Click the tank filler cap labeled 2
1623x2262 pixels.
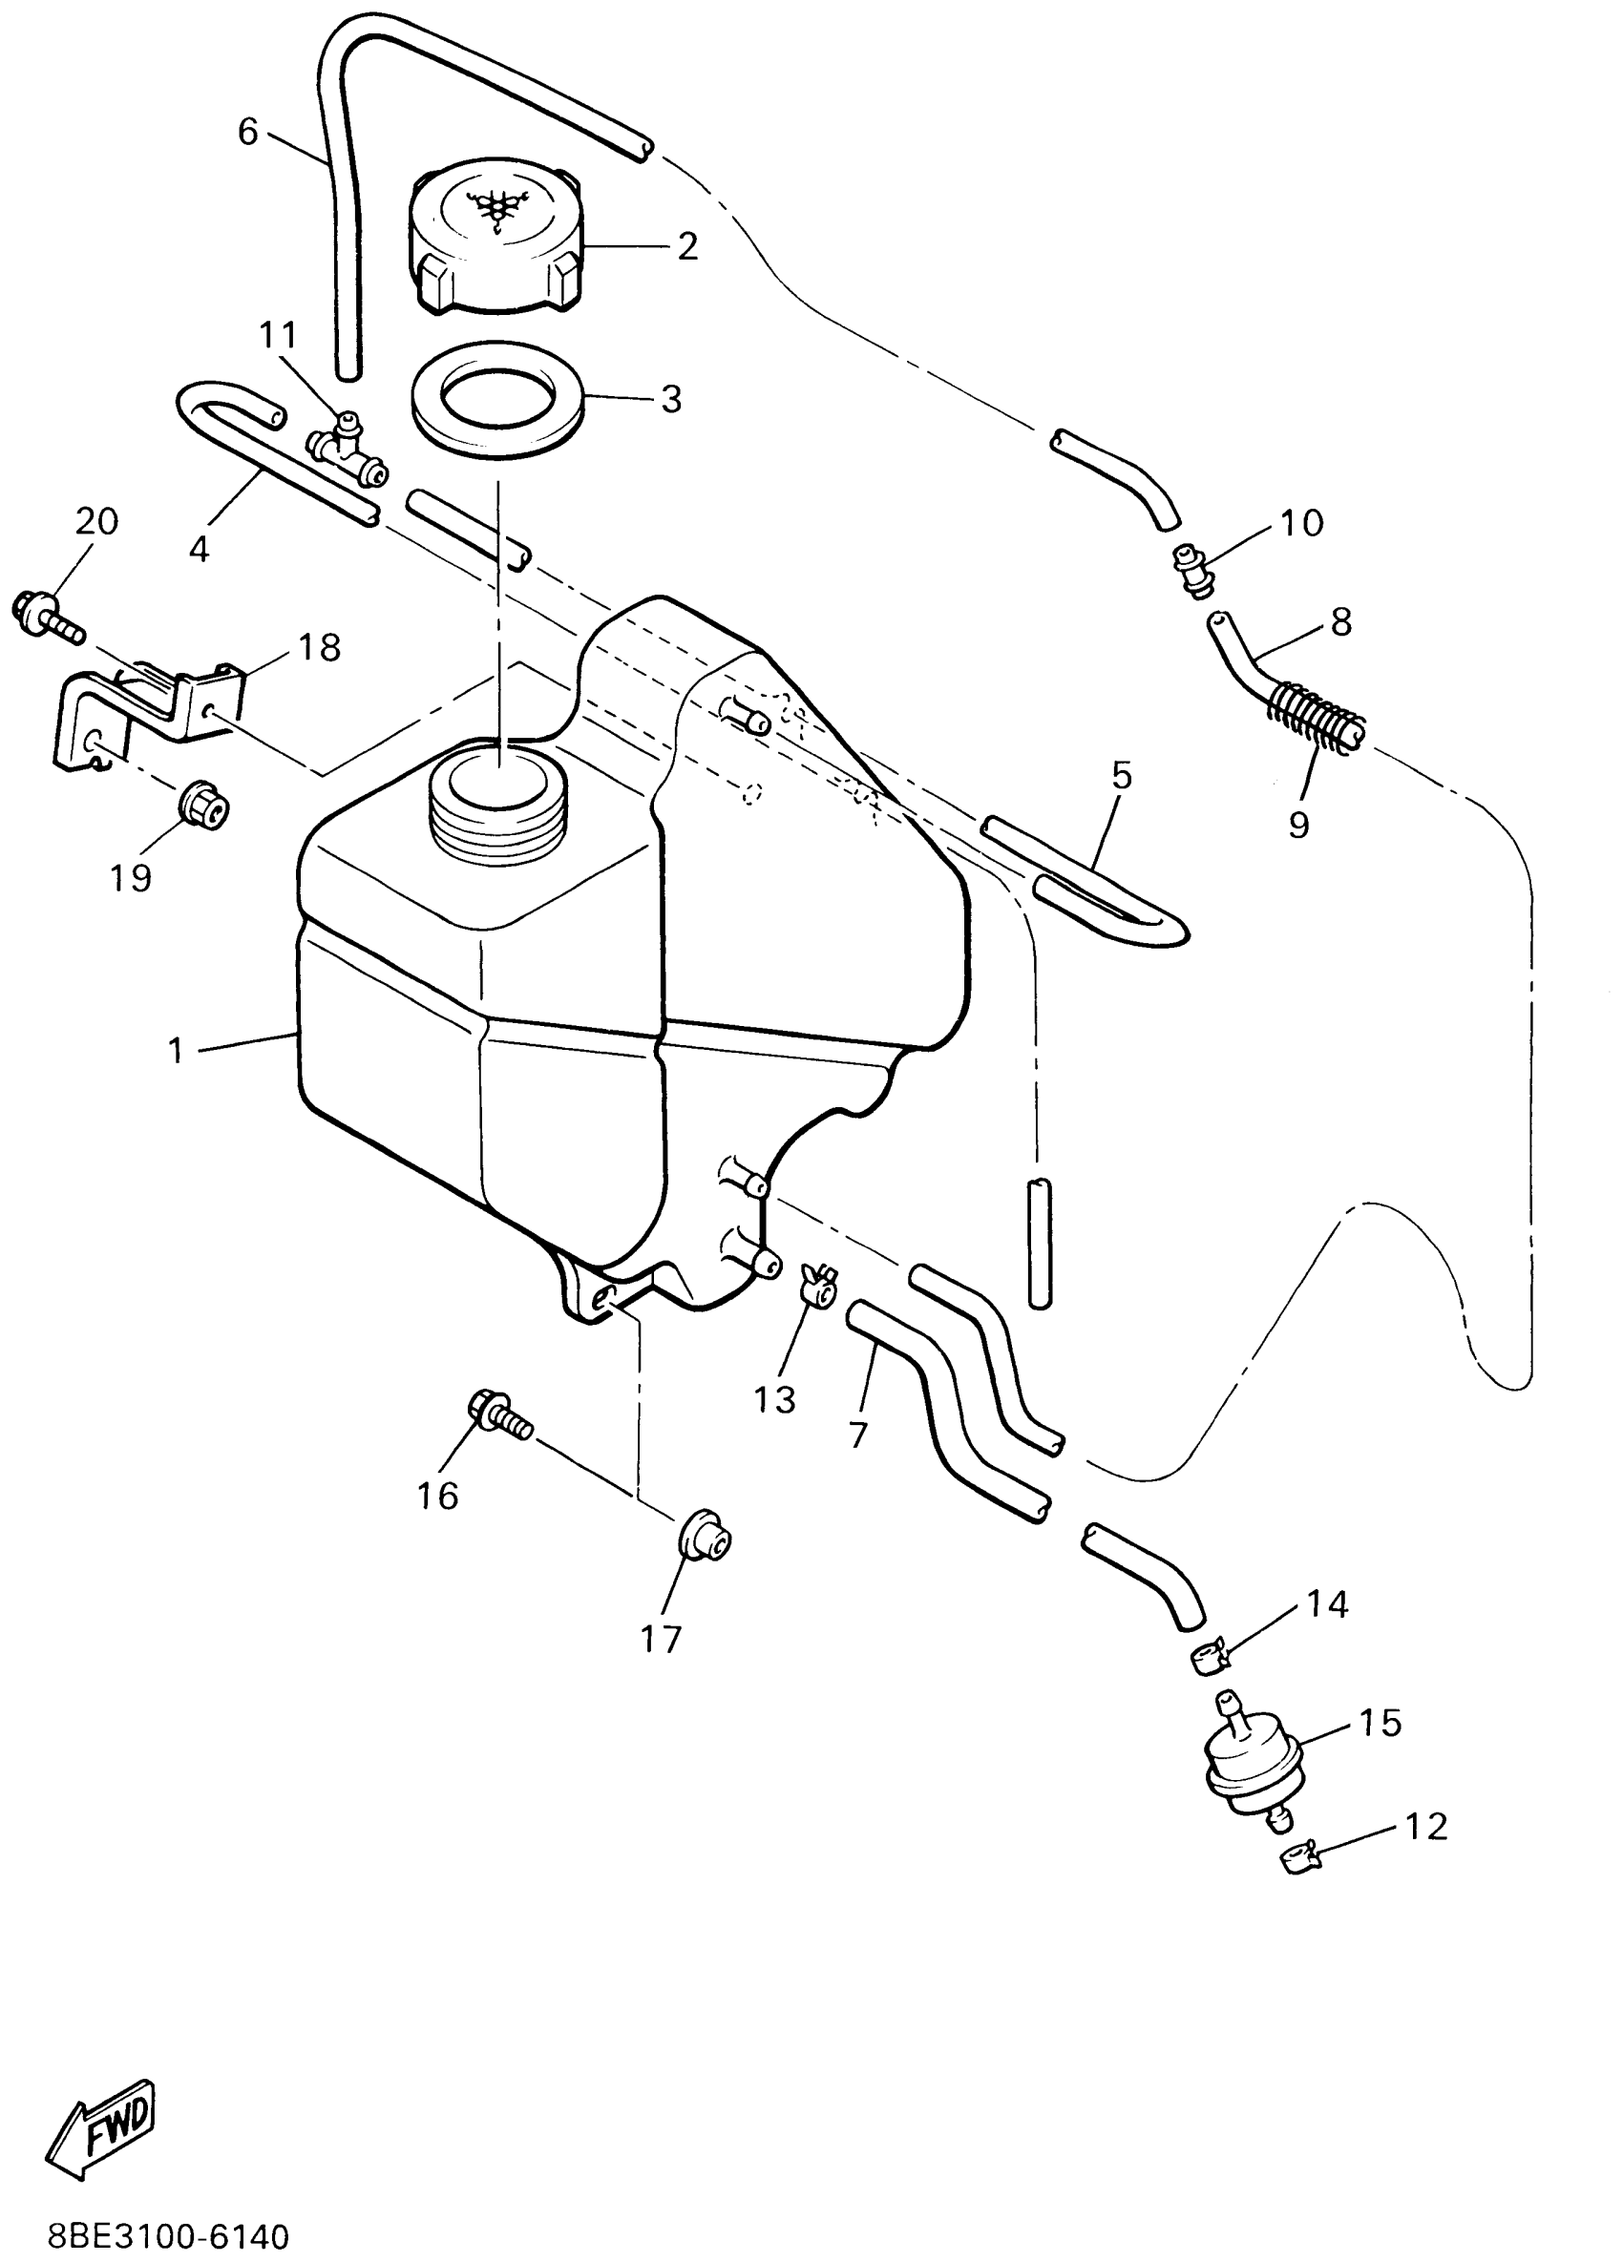pyautogui.click(x=494, y=240)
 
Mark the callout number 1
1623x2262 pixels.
pyautogui.click(x=177, y=1050)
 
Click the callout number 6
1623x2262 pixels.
pyautogui.click(x=247, y=131)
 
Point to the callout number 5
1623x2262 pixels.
pyautogui.click(x=1122, y=775)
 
